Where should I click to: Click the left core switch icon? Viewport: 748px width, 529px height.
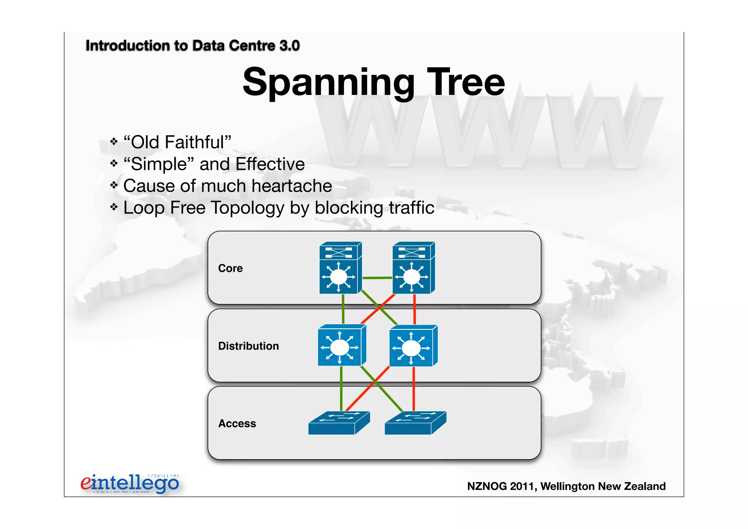[x=340, y=268]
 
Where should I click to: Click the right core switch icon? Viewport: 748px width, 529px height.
[x=413, y=268]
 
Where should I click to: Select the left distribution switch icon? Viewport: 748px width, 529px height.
[x=341, y=346]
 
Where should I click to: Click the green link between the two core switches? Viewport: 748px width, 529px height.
[x=377, y=278]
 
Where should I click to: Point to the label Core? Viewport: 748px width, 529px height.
[x=230, y=269]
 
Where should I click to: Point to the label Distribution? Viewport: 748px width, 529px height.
[x=248, y=346]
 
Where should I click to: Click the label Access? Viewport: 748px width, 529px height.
[x=237, y=423]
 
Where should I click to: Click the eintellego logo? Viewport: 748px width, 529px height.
[x=130, y=483]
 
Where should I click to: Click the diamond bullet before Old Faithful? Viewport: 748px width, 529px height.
[x=114, y=141]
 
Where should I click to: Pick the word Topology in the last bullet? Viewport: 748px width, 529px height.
[x=248, y=208]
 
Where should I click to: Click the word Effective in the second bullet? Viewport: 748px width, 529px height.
[x=270, y=164]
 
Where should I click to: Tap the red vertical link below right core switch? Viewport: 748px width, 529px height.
[x=415, y=309]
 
